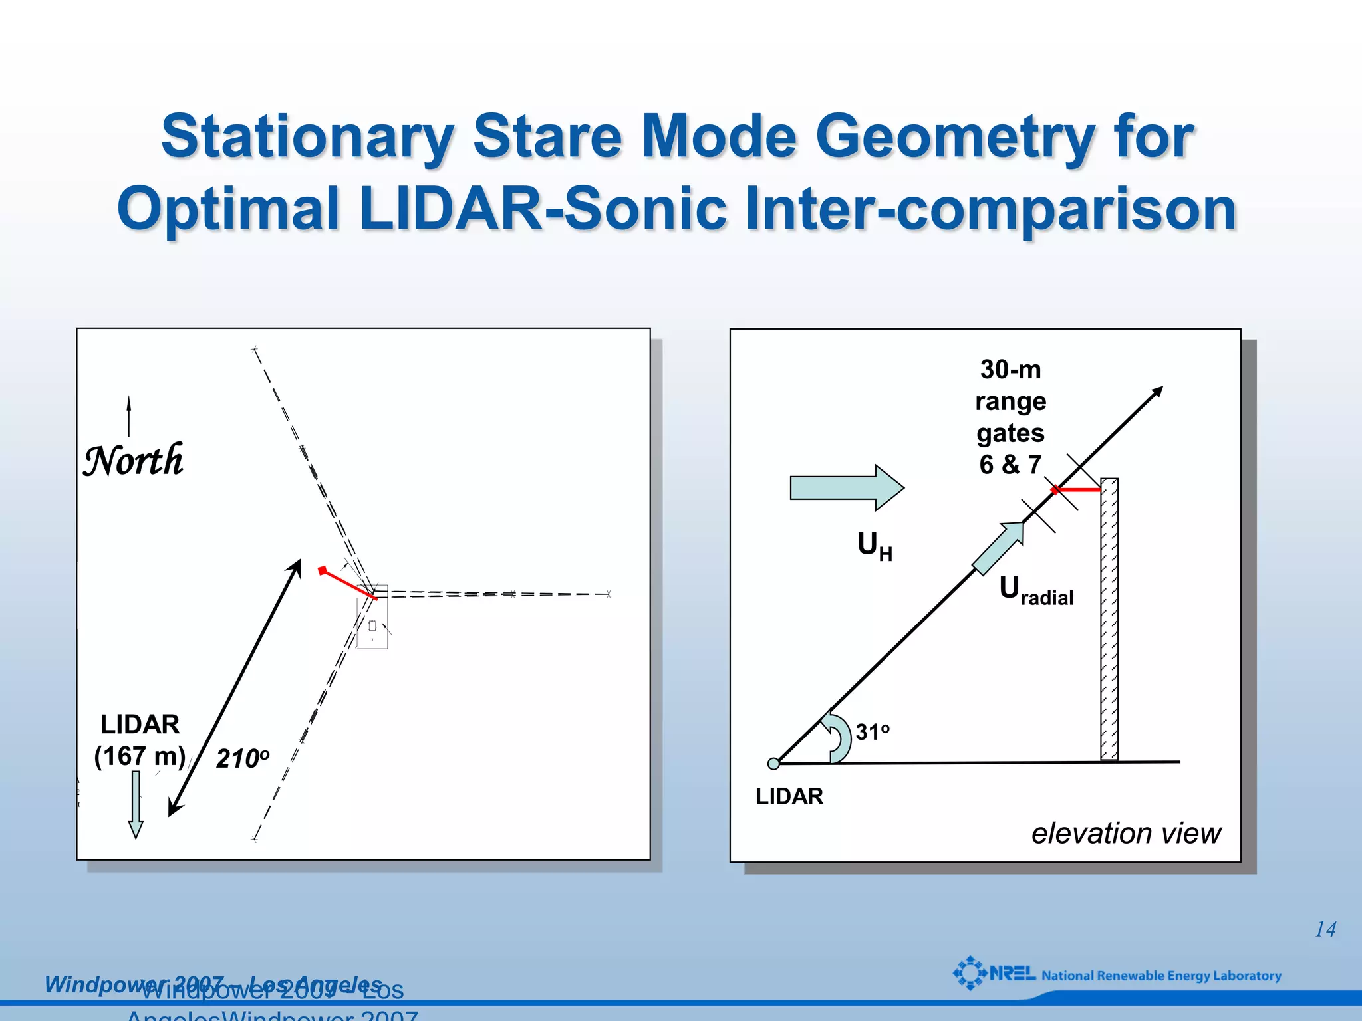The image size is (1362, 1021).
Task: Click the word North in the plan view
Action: pyautogui.click(x=133, y=460)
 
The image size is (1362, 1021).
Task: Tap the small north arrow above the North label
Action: pyautogui.click(x=129, y=415)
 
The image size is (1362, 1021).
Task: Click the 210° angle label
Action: pyautogui.click(x=243, y=758)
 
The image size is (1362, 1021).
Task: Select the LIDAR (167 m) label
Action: pyautogui.click(x=140, y=740)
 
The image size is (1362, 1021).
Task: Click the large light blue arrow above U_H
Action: pyautogui.click(x=846, y=488)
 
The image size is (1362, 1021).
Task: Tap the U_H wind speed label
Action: pyautogui.click(x=874, y=546)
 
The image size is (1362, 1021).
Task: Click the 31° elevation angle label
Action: pyautogui.click(x=872, y=732)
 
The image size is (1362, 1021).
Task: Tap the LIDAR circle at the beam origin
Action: pyautogui.click(x=773, y=764)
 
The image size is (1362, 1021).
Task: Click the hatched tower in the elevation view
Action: pyautogui.click(x=1109, y=618)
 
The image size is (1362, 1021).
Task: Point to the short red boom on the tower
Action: pyautogui.click(x=1077, y=490)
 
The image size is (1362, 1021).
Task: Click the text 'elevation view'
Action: pyautogui.click(x=1125, y=833)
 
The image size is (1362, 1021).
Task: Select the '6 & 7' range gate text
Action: pyautogui.click(x=1010, y=465)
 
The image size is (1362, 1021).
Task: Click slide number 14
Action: pyautogui.click(x=1325, y=929)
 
